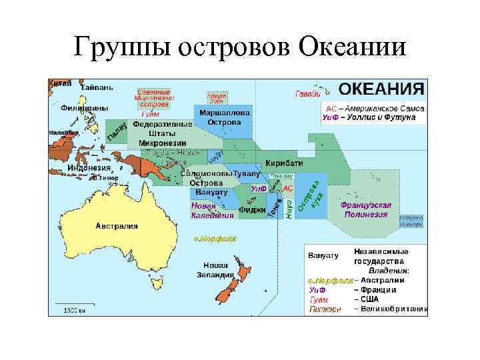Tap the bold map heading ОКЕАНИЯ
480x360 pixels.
[381, 89]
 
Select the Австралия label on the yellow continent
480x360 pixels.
[117, 225]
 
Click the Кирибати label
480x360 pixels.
[284, 163]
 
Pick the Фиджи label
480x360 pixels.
[252, 209]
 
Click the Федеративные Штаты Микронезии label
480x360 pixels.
[163, 133]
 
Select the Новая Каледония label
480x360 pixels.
[212, 210]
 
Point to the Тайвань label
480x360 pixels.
[97, 87]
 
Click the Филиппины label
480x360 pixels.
[84, 108]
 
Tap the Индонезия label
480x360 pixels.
[89, 168]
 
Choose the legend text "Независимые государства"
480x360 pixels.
[381, 257]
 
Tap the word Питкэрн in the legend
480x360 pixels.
[325, 309]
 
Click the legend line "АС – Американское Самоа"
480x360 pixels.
[371, 108]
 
